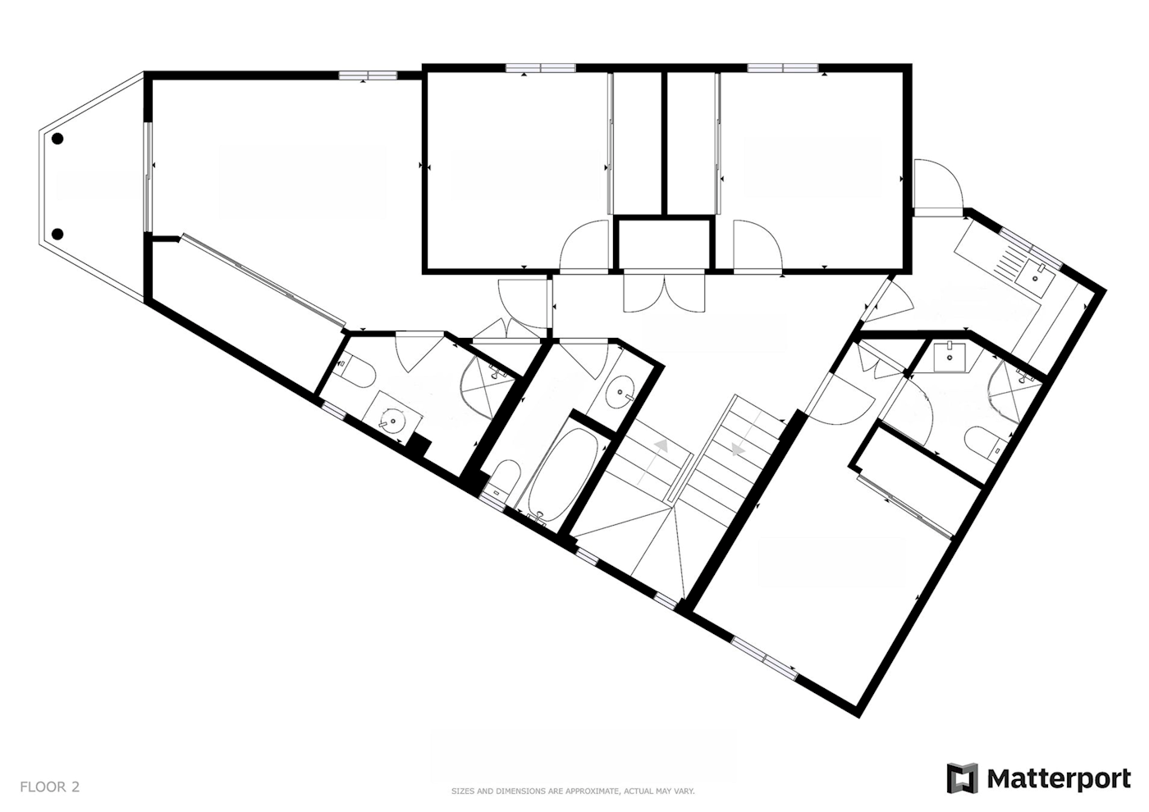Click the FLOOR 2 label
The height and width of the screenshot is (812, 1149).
[50, 787]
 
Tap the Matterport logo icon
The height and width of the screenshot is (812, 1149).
[963, 778]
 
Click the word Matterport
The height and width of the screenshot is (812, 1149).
[1059, 778]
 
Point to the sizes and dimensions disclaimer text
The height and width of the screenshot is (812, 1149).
[573, 791]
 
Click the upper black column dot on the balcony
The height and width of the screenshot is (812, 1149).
[57, 139]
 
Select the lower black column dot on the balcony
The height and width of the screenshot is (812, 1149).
[58, 235]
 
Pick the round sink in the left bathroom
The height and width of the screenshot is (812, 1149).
[393, 420]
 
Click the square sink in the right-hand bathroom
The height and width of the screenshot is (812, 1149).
[949, 356]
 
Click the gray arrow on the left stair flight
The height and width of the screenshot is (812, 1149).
[661, 445]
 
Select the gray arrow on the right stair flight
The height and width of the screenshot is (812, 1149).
[738, 450]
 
